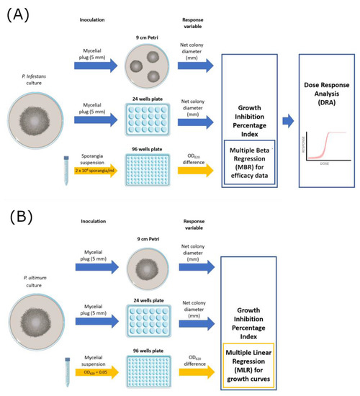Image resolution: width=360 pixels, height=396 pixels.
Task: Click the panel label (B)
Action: [x=20, y=217]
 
